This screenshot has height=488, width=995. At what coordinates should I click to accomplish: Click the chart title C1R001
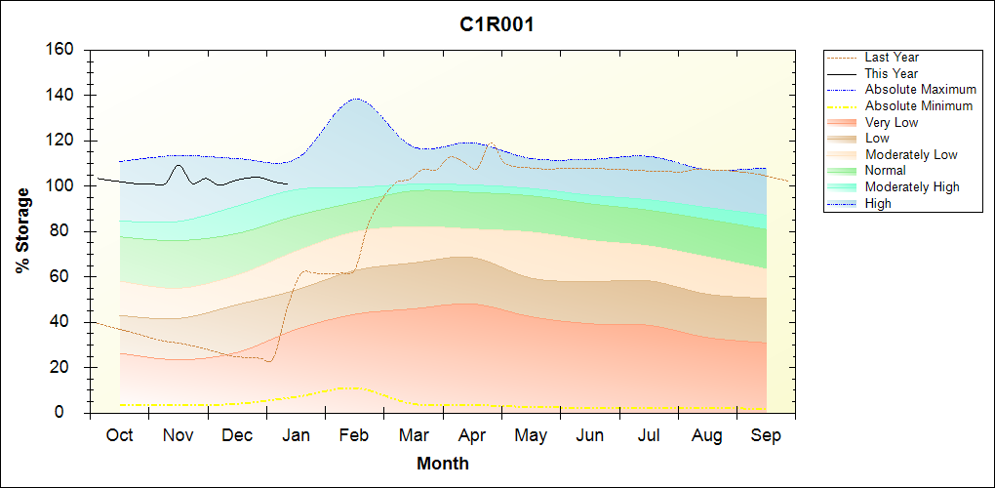[x=497, y=24]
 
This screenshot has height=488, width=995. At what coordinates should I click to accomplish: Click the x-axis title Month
[x=443, y=464]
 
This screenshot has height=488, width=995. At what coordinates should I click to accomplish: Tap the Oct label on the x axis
[x=119, y=435]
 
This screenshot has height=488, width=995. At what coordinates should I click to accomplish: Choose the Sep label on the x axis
[x=766, y=435]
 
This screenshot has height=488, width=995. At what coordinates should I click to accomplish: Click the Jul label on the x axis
[x=649, y=435]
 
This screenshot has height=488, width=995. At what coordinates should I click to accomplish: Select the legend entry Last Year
[x=892, y=58]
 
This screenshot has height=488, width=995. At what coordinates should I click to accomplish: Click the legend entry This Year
[x=891, y=73]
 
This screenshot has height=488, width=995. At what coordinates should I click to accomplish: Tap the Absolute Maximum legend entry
[x=920, y=90]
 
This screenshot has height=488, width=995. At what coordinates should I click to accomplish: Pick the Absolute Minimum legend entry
[x=919, y=105]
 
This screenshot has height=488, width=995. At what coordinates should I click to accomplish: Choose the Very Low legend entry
[x=892, y=122]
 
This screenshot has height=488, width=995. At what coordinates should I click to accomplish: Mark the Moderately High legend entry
[x=912, y=187]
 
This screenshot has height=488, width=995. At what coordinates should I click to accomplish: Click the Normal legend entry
[x=885, y=171]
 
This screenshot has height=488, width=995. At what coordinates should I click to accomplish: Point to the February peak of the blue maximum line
[x=356, y=99]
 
